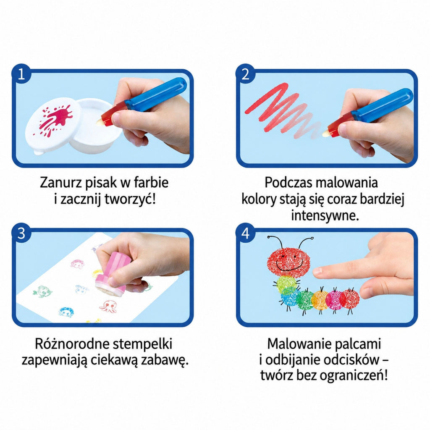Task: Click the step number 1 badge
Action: tap(21, 74)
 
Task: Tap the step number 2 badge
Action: tap(245, 74)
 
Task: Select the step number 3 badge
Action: tap(21, 233)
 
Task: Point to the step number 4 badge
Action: tap(245, 233)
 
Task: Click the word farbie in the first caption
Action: tap(151, 182)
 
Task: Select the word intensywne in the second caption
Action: tap(325, 215)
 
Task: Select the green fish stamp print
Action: tap(42, 291)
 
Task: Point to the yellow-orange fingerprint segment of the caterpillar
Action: tap(320, 300)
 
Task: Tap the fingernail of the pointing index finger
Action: tap(317, 272)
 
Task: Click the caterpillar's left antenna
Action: tap(275, 241)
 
